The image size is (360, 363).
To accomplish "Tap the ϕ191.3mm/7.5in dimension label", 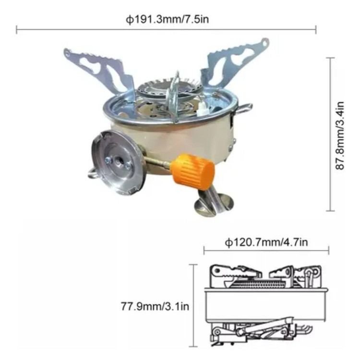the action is (x=167, y=19).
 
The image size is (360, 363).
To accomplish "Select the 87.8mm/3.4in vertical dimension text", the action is (x=340, y=135).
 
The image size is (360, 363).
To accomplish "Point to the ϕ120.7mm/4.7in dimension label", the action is (x=266, y=242).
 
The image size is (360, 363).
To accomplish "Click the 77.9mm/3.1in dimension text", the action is (x=155, y=306).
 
